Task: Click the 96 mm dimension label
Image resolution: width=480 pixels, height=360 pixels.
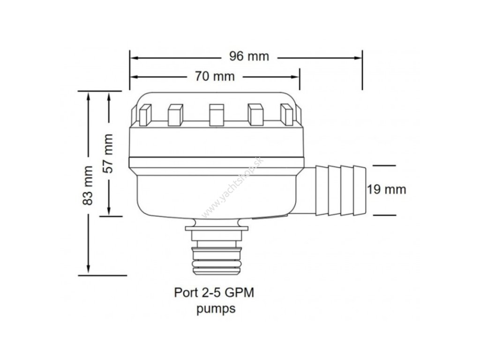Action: click(249, 57)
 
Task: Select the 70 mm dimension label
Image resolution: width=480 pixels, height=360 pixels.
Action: click(214, 76)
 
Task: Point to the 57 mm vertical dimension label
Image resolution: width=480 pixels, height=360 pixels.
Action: click(109, 153)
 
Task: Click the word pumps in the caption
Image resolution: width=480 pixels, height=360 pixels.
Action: click(216, 309)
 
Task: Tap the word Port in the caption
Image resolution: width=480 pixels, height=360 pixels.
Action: click(186, 293)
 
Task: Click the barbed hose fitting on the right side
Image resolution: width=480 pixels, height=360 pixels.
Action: click(339, 189)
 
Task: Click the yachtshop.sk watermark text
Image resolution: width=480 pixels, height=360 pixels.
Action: click(233, 186)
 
